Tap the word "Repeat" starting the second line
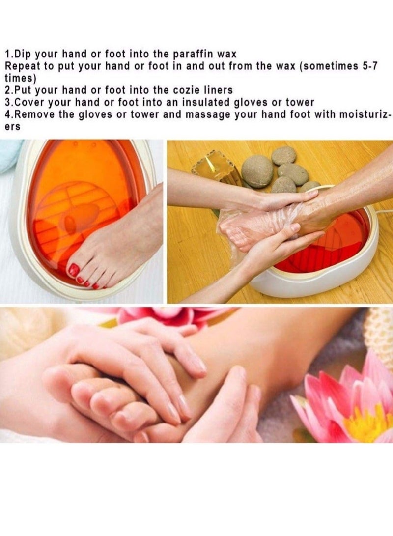(21, 66)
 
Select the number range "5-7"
(367, 66)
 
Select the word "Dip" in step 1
(22, 54)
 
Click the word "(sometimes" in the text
(327, 66)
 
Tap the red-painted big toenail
(74, 270)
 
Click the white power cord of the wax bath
(385, 212)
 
